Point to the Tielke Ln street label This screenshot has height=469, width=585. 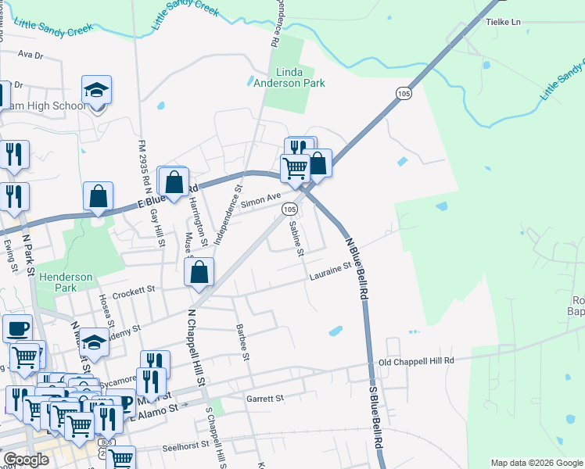tap(504, 23)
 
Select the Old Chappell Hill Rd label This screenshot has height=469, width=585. tap(416, 361)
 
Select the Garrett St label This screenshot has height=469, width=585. tap(264, 399)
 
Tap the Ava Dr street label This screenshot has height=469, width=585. tap(29, 55)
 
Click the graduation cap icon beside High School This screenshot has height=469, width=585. tap(97, 91)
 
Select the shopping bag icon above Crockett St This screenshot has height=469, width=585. tap(199, 272)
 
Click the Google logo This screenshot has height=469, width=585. tap(26, 460)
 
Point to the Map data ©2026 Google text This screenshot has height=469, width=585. tap(536, 463)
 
